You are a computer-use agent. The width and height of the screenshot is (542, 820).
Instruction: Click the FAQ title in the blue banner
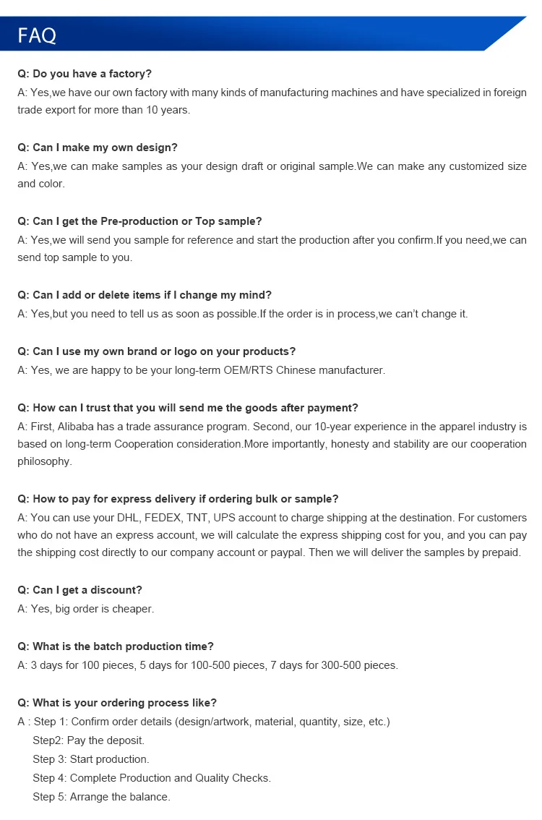pos(37,35)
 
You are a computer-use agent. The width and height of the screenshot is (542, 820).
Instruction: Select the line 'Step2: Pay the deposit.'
pos(88,740)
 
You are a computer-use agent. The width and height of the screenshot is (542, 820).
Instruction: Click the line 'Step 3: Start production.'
pos(90,759)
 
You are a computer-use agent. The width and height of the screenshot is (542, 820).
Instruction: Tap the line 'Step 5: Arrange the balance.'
pos(101,797)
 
